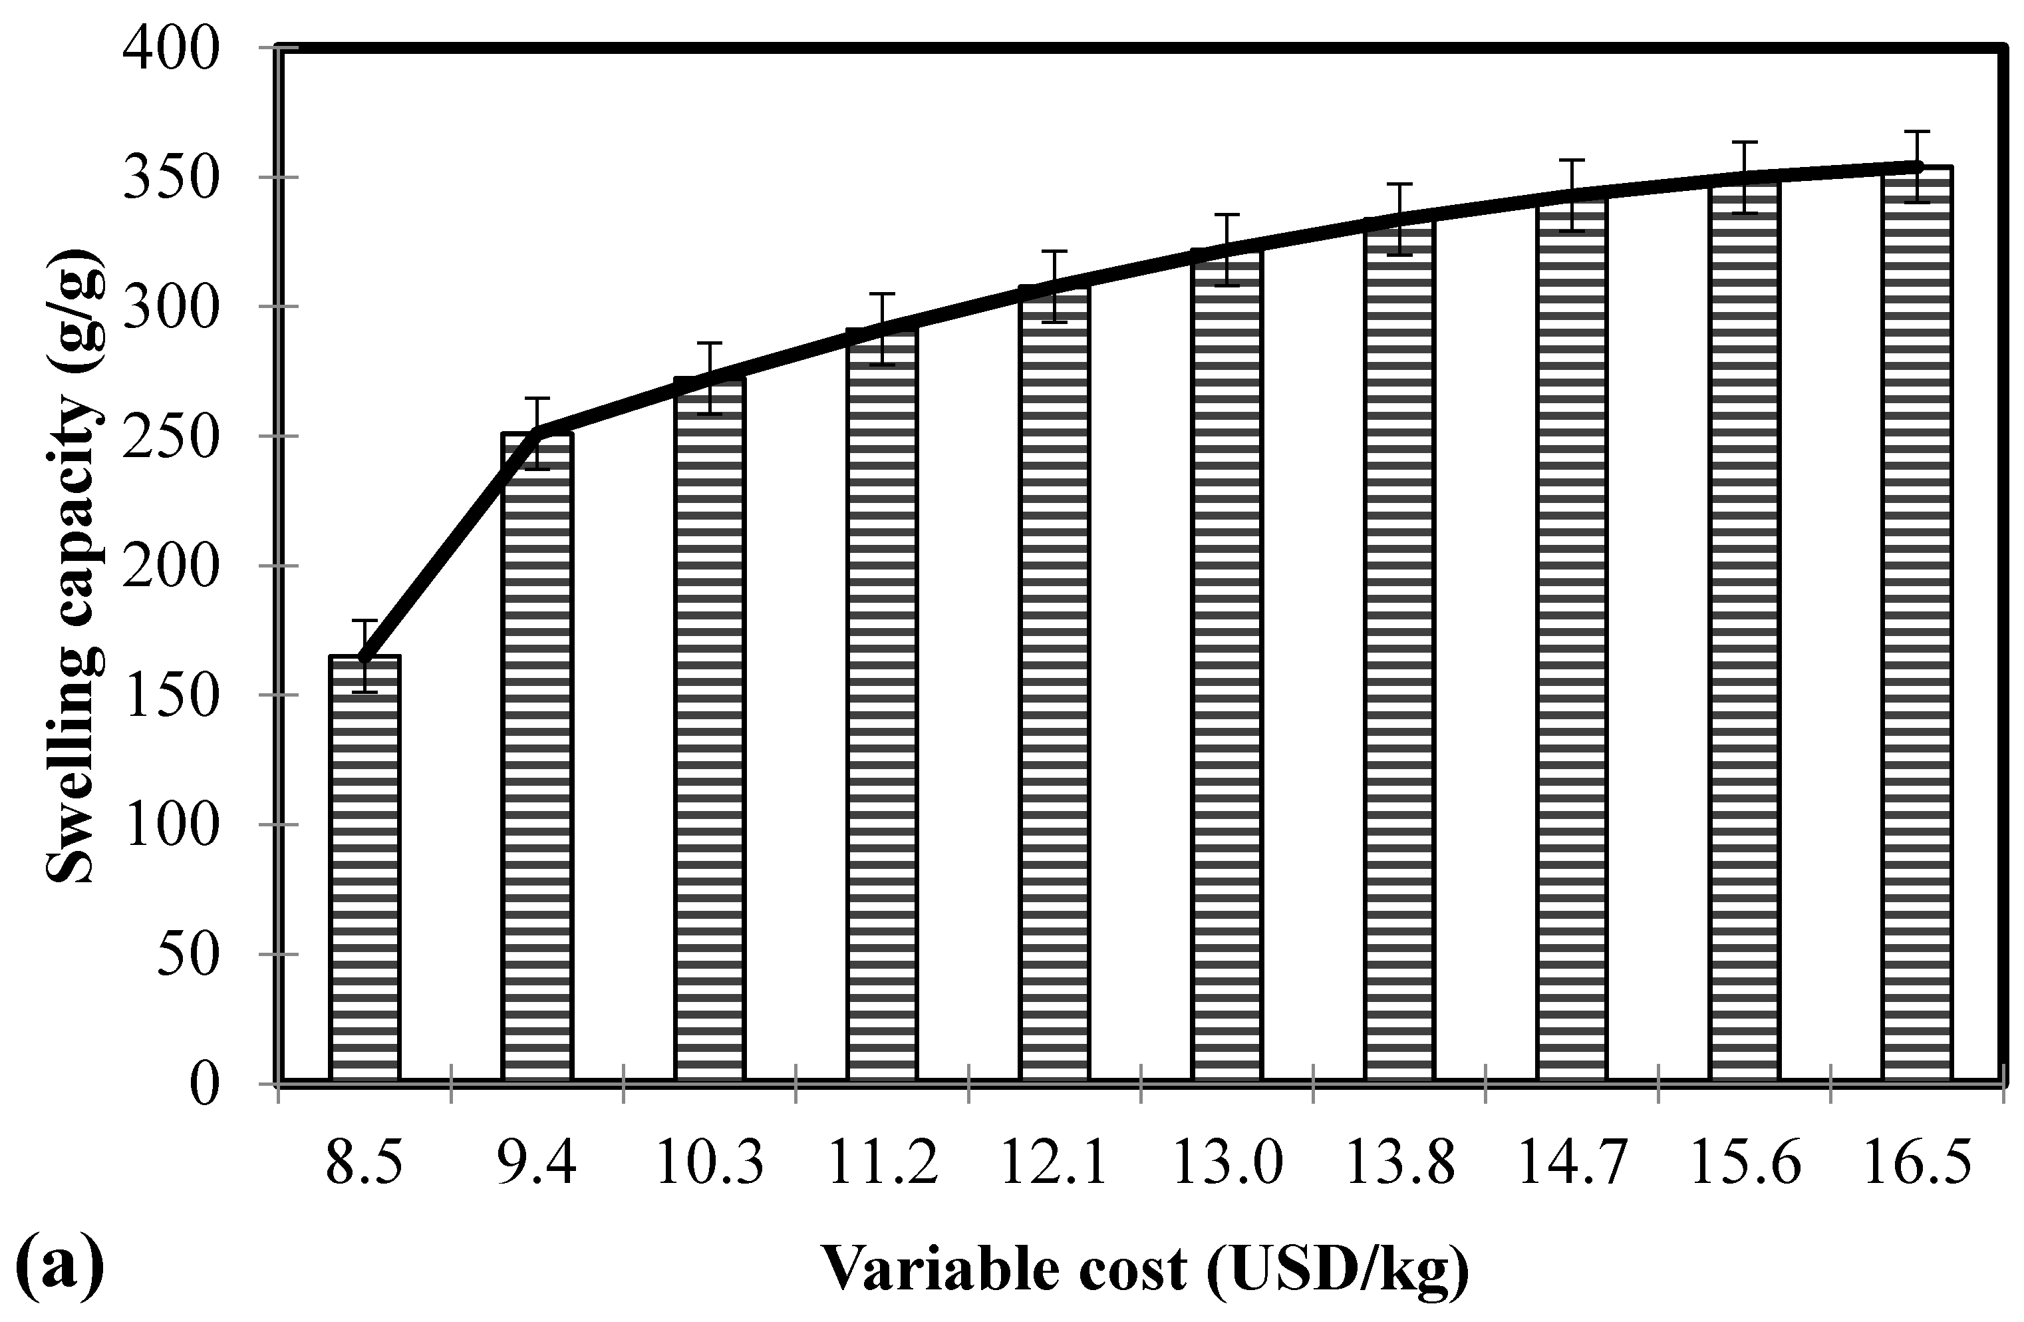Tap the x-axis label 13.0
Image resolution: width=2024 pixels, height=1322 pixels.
1227,1164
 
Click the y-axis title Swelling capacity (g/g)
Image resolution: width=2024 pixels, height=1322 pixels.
75,570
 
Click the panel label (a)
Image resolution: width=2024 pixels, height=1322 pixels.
60,1267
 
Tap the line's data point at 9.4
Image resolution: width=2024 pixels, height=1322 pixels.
537,433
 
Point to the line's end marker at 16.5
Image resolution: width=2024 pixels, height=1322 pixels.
1917,167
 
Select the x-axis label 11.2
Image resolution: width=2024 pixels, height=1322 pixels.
883,1164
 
